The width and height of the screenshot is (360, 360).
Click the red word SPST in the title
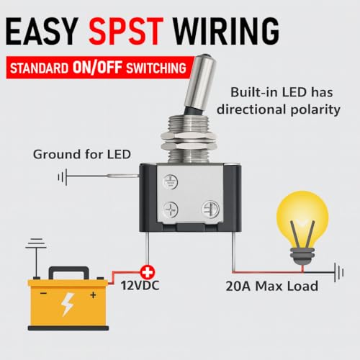126,31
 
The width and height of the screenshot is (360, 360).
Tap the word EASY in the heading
42,31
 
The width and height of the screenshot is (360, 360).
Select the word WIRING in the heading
226,31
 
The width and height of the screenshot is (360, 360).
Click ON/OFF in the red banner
97,67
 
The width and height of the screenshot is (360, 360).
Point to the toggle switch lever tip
206,57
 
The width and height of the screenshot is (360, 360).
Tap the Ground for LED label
82,154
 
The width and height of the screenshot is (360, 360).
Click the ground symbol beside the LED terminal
63,177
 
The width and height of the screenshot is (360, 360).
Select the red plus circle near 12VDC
148,272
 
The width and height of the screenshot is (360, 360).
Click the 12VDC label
140,286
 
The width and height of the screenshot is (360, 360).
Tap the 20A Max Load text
272,286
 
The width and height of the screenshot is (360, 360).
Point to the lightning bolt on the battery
67,305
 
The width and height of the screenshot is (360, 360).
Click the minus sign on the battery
43,293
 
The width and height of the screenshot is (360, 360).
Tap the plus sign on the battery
93,294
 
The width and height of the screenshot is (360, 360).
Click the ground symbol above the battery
36,243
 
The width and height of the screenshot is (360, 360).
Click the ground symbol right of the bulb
339,272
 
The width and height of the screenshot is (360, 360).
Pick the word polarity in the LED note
315,110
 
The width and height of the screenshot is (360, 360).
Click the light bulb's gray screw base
302,256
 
